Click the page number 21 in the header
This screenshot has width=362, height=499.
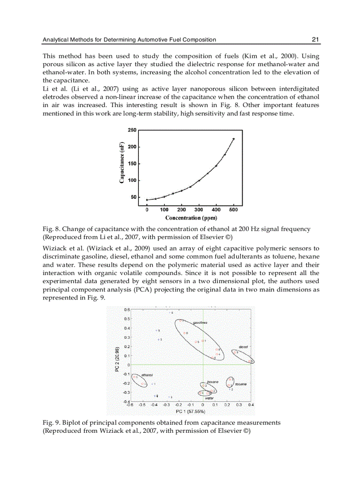(315, 40)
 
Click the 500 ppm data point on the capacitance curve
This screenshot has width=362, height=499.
(233, 139)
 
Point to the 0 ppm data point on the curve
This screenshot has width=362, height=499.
(147, 200)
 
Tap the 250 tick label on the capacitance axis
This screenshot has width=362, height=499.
(132, 130)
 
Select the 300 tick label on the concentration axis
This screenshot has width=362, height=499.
(199, 209)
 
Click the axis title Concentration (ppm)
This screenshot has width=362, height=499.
(191, 218)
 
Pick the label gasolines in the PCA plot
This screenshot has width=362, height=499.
(200, 322)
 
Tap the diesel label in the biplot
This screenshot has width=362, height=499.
(243, 347)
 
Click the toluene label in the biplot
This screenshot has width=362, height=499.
(241, 384)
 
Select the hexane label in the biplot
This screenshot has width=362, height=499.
(213, 382)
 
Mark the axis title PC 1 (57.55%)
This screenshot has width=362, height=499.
(190, 411)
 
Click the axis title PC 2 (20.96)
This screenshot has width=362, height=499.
(117, 359)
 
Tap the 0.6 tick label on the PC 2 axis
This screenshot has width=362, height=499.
(126, 310)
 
